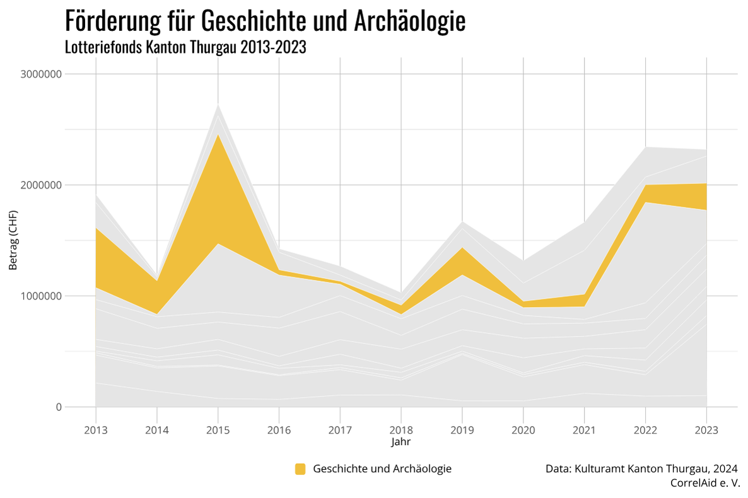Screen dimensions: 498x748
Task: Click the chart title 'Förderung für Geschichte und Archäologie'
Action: point(265,21)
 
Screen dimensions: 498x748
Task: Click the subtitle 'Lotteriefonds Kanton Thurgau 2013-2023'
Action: point(185,47)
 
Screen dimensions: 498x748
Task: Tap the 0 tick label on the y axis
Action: point(58,407)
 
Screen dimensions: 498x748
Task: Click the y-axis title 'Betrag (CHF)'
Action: point(13,240)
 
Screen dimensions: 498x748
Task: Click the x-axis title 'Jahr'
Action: point(400,442)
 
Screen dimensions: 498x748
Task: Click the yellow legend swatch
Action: point(300,468)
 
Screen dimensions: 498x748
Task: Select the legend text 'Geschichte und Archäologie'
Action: point(382,468)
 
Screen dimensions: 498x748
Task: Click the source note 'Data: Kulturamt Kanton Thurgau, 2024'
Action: point(641,468)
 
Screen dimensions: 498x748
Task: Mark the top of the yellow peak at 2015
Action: point(218,135)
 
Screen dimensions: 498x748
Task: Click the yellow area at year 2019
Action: point(462,261)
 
